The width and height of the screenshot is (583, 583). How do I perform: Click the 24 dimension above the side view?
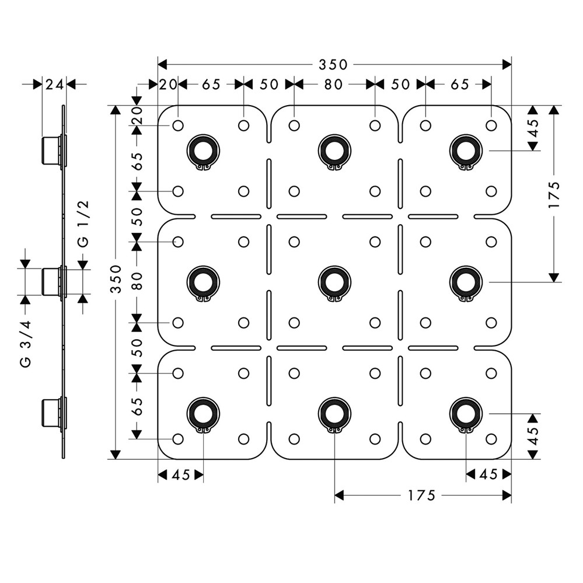54,85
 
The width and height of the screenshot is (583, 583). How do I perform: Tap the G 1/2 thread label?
83,224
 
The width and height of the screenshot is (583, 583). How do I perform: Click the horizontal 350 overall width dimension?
334,64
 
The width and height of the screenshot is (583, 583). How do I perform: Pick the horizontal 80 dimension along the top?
333,85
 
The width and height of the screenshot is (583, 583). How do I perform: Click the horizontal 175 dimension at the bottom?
422,495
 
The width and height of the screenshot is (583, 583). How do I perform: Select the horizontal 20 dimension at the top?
168,85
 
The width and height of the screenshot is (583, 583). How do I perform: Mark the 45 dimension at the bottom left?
181,475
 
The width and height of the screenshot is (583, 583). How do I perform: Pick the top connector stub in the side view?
51,151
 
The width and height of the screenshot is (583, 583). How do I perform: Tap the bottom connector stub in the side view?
51,413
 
